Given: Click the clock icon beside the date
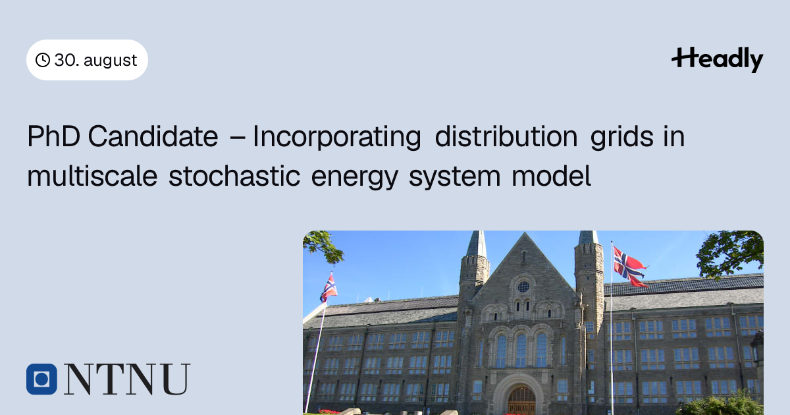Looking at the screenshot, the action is tap(43, 60).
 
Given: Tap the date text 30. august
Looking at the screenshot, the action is tap(95, 61).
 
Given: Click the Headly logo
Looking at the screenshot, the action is tap(718, 59).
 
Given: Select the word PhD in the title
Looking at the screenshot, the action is tap(53, 136).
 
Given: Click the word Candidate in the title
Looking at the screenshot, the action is tap(153, 136).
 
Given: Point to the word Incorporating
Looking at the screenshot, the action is tap(337, 137).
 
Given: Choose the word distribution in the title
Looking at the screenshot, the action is tap(506, 136).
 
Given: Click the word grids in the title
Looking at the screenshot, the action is tap(621, 137).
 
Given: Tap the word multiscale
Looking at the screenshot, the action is tap(92, 176).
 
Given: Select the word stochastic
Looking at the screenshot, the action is tap(234, 176).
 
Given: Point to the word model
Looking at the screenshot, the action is tap(551, 176).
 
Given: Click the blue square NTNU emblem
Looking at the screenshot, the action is tap(41, 379).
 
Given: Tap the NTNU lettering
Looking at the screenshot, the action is tap(127, 379).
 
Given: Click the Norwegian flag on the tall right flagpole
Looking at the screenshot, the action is tap(630, 267).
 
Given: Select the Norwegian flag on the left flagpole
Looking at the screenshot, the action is tap(329, 289).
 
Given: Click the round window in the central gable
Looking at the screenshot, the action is tap(524, 287).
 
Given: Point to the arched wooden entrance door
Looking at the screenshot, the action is tap(521, 401).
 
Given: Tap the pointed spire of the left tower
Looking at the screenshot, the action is tap(477, 244).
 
